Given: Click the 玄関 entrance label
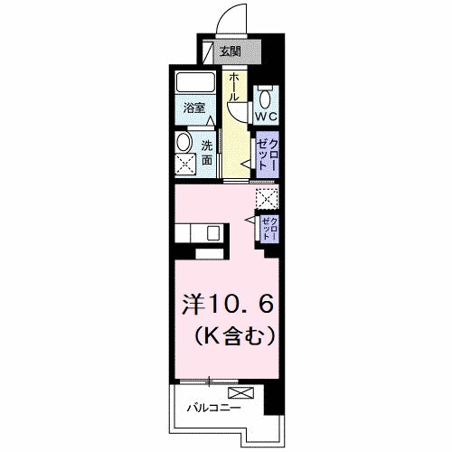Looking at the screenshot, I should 231,52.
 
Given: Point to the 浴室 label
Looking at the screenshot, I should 195,109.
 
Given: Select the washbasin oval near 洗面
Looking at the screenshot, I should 184,142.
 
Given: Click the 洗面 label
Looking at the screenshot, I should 207,152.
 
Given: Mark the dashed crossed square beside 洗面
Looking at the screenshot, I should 185,165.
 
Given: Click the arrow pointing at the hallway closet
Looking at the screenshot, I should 244,162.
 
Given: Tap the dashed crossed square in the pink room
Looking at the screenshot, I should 267,199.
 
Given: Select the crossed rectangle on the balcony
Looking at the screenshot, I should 242,393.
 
